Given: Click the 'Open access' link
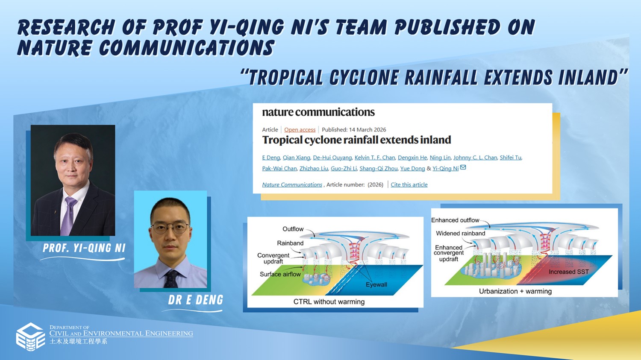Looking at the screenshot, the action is (300, 129).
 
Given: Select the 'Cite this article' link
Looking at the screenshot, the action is (409, 185).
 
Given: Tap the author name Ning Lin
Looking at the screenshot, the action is (440, 158).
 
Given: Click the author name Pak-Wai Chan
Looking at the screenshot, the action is (279, 168).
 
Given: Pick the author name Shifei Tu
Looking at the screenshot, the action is (511, 158).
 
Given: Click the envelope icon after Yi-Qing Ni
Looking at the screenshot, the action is (463, 167).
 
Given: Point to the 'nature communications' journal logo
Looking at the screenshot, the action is (318, 112).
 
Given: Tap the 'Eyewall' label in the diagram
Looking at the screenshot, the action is (376, 284).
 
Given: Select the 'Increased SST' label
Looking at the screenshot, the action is (569, 272).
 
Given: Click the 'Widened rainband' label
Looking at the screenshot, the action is (460, 233).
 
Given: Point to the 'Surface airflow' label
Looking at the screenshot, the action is (280, 274).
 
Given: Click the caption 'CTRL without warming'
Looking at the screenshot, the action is (329, 301).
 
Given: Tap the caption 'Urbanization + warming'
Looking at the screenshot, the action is (515, 291).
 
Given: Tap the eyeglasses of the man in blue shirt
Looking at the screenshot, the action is (170, 228).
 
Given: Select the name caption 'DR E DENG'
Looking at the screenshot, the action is (195, 300).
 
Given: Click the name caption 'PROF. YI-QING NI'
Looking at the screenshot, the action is (84, 248).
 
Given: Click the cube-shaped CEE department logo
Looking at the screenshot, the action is (31, 337).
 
